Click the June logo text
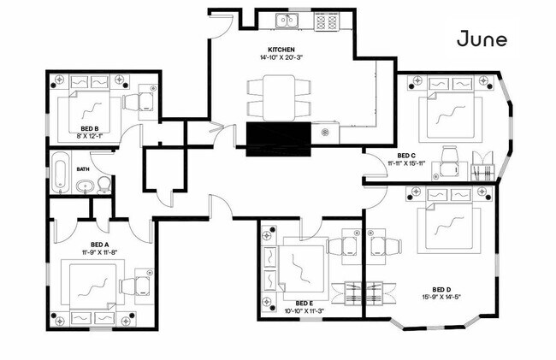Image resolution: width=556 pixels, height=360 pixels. [x=482, y=38]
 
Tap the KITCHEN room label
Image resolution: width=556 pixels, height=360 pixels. [x=281, y=50]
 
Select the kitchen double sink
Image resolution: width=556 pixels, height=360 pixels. [x=287, y=21]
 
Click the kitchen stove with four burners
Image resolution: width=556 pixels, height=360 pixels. [x=327, y=21]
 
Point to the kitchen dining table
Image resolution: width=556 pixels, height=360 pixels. [x=279, y=97]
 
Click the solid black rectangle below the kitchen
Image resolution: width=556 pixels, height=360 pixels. [x=278, y=139]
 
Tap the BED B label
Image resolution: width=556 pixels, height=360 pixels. [x=89, y=128]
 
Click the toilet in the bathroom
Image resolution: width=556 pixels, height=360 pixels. [x=104, y=185]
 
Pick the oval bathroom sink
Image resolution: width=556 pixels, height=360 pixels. [x=85, y=186]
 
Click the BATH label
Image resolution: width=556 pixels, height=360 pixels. [x=83, y=169]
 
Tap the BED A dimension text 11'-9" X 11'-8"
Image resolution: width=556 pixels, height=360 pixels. [x=99, y=252]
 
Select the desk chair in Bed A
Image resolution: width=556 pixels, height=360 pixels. [x=127, y=286]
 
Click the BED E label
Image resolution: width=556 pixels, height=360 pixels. [x=305, y=304]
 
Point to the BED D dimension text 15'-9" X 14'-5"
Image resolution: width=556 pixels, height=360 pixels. [x=441, y=297]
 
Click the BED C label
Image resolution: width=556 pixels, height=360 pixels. [x=406, y=156]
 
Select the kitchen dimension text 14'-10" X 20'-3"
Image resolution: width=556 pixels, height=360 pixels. [x=281, y=57]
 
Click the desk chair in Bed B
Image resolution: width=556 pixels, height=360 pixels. [x=131, y=102]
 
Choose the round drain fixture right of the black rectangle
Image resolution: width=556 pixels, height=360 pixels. [x=325, y=133]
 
